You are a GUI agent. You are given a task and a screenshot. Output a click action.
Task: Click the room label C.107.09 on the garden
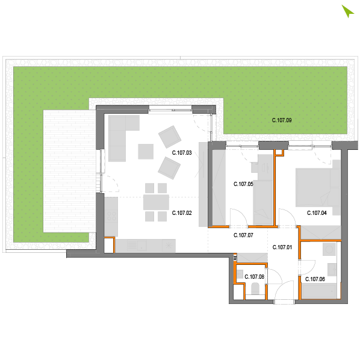282,120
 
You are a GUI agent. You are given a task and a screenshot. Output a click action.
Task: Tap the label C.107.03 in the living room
182,153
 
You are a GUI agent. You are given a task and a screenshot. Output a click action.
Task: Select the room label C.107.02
182,213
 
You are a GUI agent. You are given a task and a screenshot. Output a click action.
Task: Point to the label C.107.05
243,184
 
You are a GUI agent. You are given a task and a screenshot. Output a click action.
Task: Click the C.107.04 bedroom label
317,213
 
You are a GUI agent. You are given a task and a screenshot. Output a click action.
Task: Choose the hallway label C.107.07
243,235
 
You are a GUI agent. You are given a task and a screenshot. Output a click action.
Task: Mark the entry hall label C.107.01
282,247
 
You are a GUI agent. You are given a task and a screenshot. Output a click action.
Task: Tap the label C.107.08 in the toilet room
255,277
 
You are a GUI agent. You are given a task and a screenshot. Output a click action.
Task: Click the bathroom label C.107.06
315,279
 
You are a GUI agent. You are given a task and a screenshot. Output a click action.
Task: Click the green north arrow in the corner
347,11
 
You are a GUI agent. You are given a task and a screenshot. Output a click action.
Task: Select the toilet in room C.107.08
255,289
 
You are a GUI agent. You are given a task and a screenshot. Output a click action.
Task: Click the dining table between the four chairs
156,202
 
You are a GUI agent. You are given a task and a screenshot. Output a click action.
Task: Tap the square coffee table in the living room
146,152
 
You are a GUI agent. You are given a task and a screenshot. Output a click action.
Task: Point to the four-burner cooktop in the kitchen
111,217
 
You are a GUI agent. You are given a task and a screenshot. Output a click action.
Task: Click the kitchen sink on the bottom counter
137,245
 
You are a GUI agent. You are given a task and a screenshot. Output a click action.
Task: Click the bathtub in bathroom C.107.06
320,291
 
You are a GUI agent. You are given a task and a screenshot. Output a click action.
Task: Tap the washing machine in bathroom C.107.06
329,249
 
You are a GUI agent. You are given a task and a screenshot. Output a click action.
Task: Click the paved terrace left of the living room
69,171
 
